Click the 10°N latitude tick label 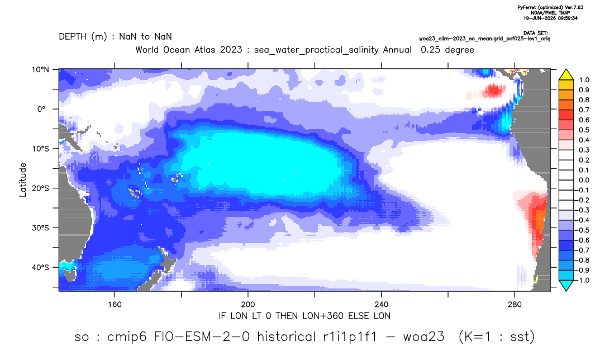40,70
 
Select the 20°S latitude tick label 40,188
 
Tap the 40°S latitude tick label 40,267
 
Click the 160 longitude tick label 115,305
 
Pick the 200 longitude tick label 248,305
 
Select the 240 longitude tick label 381,305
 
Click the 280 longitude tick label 515,305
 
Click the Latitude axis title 23,180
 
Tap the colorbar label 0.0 584,180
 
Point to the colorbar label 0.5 584,130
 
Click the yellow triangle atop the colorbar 566,75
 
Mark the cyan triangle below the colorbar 566,285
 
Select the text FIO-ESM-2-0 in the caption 202,337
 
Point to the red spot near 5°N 494,91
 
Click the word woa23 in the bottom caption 424,337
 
